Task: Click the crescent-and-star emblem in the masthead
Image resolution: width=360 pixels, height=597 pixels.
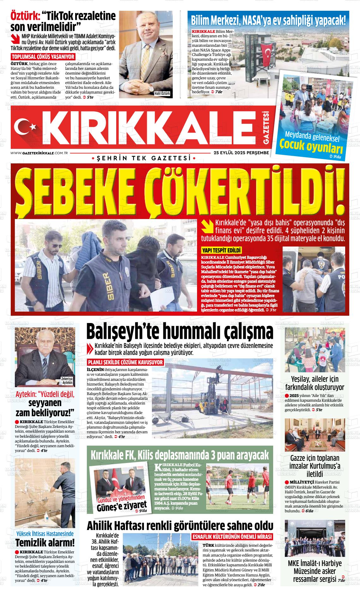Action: coord(27,127)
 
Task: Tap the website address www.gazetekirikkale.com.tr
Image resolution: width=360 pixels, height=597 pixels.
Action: coord(40,153)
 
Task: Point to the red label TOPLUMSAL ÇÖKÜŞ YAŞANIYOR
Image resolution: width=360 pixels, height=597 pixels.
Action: coord(43,57)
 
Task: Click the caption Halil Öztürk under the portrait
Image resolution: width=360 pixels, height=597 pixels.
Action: coord(162,94)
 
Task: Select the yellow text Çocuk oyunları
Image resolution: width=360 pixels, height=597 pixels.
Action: coord(307,146)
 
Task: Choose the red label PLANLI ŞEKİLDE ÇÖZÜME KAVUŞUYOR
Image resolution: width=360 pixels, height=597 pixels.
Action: coord(125,362)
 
